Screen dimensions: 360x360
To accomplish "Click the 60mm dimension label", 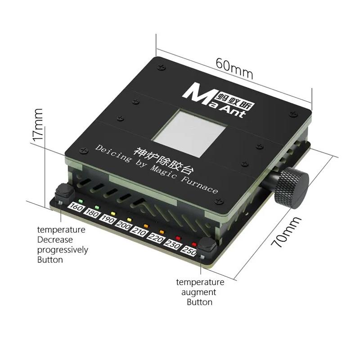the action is pos(234,68).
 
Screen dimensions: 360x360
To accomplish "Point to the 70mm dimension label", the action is pos(286,232).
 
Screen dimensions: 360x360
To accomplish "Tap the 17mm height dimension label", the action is pos(38,124).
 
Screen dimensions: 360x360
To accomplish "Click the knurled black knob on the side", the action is pos(292,188).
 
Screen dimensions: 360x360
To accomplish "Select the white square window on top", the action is pos(189,133).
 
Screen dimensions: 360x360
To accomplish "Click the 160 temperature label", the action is pos(76,207).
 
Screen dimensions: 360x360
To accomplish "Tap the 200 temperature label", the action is pos(123,226).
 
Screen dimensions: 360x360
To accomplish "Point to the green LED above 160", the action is pos(81,201).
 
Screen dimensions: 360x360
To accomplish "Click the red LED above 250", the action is pos(194,244).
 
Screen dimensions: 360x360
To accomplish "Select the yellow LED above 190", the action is pos(113,213).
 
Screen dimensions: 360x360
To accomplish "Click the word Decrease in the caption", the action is pos(55,240).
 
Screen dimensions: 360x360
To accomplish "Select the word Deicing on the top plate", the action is pos(112,153).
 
